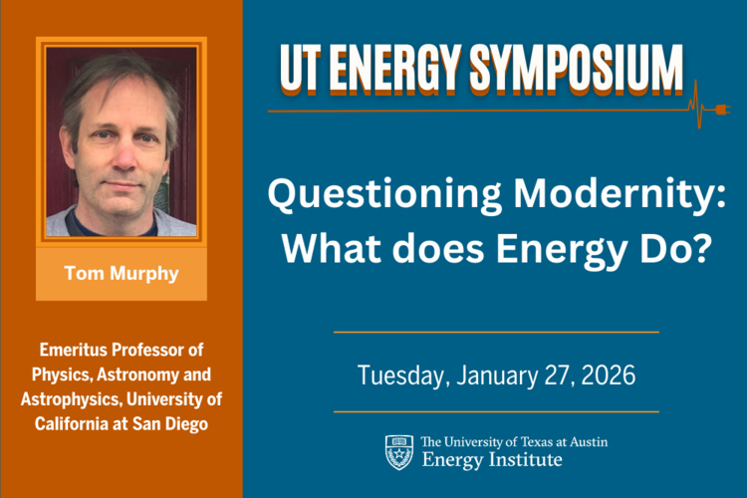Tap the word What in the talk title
coord(329,245)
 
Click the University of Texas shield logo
coord(398,451)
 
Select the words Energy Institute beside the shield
coord(492,460)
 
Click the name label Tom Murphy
coord(122,274)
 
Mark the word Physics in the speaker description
coord(70,374)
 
